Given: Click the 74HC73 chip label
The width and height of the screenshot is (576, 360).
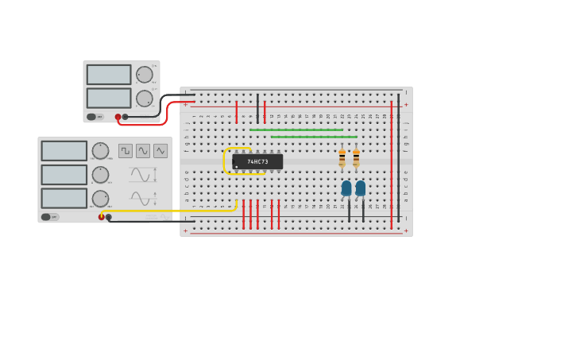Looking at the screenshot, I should (257, 161).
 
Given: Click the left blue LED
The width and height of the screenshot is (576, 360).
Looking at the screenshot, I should (346, 188).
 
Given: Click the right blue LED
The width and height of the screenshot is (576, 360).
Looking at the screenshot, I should (361, 188).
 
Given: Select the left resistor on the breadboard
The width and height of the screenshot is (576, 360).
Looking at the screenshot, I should (342, 158).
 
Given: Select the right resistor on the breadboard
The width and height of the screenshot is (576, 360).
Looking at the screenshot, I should (356, 158).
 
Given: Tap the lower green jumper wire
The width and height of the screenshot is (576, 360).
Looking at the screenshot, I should (314, 137).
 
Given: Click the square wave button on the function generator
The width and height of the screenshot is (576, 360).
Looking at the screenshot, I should (126, 151).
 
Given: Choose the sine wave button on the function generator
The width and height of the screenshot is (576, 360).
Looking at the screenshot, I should (143, 151).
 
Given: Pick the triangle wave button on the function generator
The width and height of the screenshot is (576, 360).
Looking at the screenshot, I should (160, 151).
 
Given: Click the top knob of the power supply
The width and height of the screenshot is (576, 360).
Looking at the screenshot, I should (144, 75).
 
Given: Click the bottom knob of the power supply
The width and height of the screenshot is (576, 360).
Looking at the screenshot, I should (144, 99).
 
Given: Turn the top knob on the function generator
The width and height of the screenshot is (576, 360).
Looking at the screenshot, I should (100, 151).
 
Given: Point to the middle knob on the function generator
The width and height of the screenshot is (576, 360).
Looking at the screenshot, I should (100, 174).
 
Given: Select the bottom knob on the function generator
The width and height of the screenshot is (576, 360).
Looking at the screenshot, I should (100, 198).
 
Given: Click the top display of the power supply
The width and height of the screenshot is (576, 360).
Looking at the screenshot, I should (109, 75).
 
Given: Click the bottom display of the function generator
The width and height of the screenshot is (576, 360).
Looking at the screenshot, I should (64, 198).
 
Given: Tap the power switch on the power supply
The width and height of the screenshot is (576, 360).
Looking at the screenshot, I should (92, 117).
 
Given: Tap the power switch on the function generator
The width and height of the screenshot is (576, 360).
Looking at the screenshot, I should (47, 217).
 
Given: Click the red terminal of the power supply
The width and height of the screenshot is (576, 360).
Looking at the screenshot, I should (118, 117).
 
